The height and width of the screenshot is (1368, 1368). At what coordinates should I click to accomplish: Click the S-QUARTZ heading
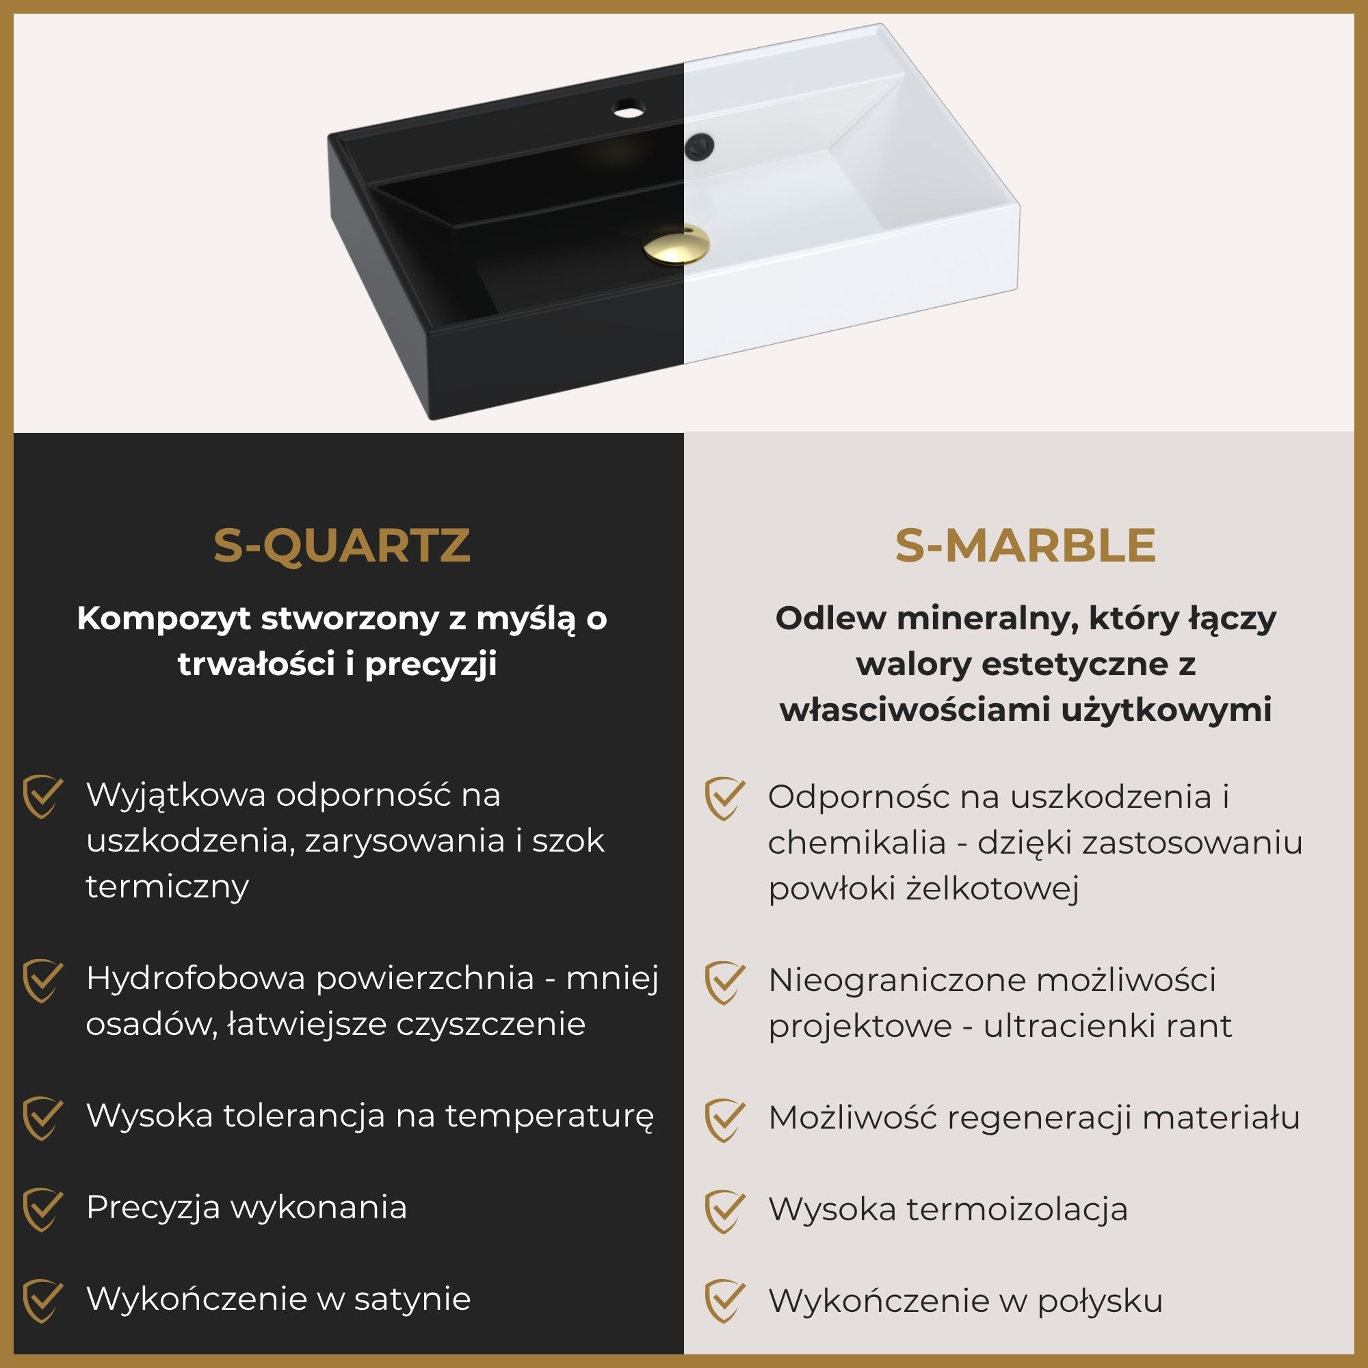(341, 546)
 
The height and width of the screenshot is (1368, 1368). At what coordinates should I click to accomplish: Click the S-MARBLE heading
(1025, 546)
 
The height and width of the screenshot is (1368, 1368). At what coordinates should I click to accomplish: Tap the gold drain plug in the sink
(676, 244)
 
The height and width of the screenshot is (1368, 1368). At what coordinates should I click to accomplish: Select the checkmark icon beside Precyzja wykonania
(42, 1209)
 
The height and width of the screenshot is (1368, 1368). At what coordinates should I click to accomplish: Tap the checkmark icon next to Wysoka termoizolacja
(724, 1211)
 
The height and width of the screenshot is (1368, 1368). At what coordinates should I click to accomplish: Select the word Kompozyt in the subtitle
(163, 619)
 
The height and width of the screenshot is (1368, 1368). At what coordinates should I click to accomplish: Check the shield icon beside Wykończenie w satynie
(42, 1301)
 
